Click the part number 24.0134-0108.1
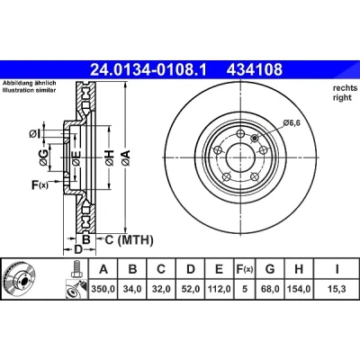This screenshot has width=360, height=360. tap(148, 69)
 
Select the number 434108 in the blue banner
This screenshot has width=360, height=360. tap(255, 69)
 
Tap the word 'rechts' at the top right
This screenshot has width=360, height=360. tap(346, 88)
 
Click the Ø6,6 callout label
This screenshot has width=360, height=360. tap(292, 122)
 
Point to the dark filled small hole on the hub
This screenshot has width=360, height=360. tap(255, 138)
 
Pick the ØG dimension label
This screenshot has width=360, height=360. tap(43, 157)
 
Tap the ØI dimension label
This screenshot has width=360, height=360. tap(34, 133)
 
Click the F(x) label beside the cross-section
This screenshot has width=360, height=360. tap(40, 185)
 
